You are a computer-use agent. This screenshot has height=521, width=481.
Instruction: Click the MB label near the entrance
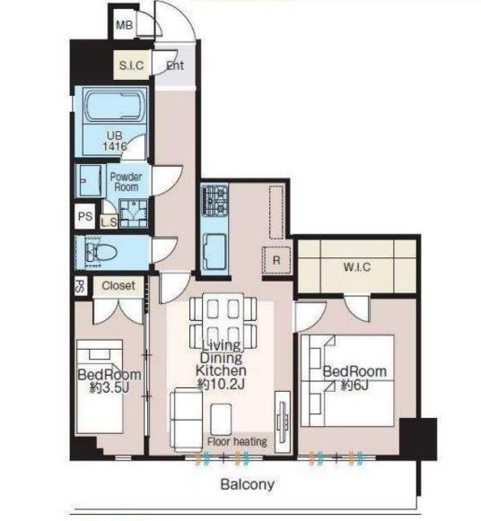coord(125,25)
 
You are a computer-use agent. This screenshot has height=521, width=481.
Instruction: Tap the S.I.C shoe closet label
coord(131,65)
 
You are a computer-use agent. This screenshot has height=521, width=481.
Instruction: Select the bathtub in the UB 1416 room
coord(115,105)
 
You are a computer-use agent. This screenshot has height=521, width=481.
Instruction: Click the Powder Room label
coord(126,181)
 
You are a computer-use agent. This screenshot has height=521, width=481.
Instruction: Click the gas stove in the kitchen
coord(214,200)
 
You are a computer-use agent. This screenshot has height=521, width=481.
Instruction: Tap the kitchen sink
coord(214,251)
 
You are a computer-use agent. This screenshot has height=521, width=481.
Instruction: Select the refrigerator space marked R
coord(276,260)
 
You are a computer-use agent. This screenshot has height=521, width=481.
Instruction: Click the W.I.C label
coord(357,267)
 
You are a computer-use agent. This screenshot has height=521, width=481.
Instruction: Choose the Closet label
coord(118,285)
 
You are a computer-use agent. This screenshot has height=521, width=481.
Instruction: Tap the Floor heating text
coord(237,441)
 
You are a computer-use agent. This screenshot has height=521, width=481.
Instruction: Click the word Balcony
coord(248,484)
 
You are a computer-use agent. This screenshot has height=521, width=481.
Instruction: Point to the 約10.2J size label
coord(221,384)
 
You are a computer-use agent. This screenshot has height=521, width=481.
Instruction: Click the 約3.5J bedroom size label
coord(109,387)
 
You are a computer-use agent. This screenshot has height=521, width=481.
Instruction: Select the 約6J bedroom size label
coord(354,386)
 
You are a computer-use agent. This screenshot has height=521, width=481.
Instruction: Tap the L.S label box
coord(109,222)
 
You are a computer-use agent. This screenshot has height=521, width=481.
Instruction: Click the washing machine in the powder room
coord(134,213)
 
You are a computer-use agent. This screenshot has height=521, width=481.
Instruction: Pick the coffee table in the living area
coord(221,419)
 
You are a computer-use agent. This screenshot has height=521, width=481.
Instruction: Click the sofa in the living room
coord(186,421)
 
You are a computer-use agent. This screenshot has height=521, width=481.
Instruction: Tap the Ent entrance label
coord(175,65)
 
